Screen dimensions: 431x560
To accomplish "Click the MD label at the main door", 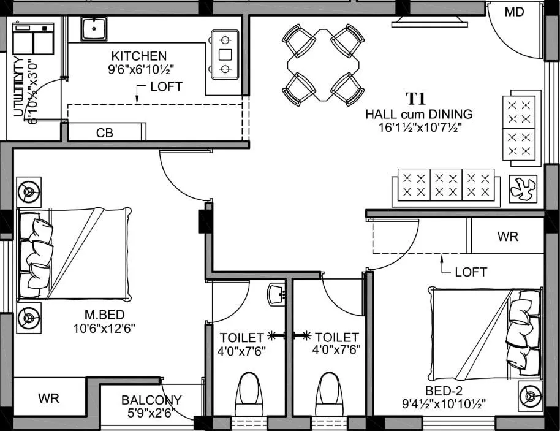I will pyautogui.click(x=515, y=12).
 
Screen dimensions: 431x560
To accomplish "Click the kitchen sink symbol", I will pyautogui.click(x=94, y=29).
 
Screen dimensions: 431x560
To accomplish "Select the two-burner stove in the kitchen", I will pyautogui.click(x=225, y=55).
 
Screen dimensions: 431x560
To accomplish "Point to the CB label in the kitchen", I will pyautogui.click(x=104, y=132).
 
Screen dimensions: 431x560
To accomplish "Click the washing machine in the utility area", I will pyautogui.click(x=33, y=39).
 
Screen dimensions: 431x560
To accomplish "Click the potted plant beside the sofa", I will pyautogui.click(x=523, y=189).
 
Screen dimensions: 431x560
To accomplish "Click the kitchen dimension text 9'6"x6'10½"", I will pyautogui.click(x=138, y=69).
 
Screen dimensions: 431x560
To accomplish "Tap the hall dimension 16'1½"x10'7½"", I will pyautogui.click(x=419, y=127).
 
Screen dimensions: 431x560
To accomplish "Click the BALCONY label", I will pyautogui.click(x=151, y=400).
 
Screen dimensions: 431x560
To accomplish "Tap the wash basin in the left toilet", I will pyautogui.click(x=277, y=295).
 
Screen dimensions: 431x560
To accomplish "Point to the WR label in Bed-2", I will pyautogui.click(x=507, y=237).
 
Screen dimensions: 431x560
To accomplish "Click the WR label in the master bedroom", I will pyautogui.click(x=49, y=398).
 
